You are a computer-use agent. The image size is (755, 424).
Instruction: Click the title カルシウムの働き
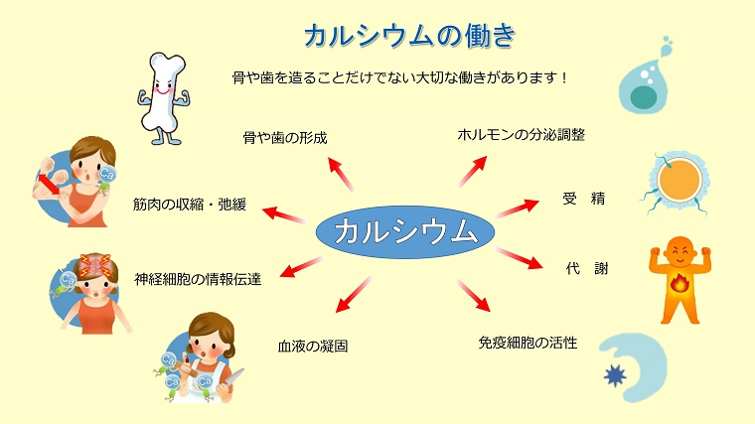tap(409, 36)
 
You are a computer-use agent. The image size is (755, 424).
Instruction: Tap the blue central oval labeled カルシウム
tap(405, 232)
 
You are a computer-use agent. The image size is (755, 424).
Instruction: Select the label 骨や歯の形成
tap(285, 138)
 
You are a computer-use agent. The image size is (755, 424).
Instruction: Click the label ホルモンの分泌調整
tap(521, 135)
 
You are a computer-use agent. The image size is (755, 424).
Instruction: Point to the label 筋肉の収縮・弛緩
tap(190, 205)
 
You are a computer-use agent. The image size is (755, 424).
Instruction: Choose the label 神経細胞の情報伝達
tap(198, 279)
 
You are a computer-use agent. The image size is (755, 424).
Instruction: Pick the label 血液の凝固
tap(313, 346)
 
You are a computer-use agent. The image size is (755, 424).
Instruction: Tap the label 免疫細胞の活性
tap(528, 343)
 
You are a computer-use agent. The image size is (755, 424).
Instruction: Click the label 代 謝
tap(587, 268)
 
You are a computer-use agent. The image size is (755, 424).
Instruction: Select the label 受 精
tap(583, 199)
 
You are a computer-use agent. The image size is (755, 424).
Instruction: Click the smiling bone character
tap(163, 98)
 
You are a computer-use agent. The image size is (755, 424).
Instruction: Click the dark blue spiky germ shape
tap(615, 375)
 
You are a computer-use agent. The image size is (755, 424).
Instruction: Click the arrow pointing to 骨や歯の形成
tap(341, 174)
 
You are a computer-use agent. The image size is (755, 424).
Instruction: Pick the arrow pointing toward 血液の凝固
tap(354, 294)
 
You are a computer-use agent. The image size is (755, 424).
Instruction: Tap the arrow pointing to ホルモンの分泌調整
tap(472, 172)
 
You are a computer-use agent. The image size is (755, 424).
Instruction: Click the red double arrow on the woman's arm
tap(50, 185)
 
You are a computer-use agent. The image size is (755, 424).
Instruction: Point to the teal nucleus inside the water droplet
tap(644, 97)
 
